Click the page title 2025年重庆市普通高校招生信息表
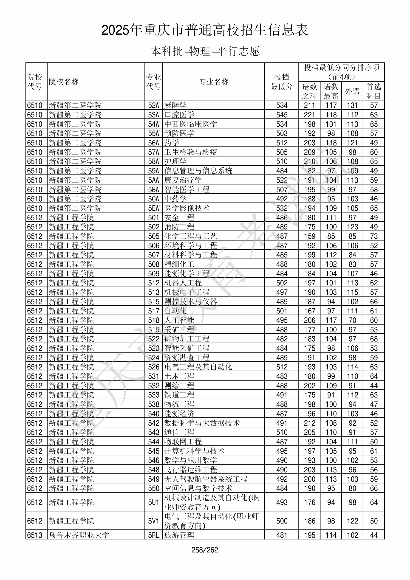205,30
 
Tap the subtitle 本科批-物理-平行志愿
205,51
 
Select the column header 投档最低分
282,82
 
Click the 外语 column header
352,91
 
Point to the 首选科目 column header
374,91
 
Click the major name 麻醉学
175,105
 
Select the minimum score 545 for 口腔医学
282,115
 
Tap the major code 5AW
154,180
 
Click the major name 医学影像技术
187,208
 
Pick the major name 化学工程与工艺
191,236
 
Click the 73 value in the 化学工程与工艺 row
374,236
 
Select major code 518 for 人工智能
154,320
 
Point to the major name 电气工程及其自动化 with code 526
198,367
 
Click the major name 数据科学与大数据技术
202,423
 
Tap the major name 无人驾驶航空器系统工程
206,479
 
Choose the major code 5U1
154,502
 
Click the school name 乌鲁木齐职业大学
79,535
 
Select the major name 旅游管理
179,535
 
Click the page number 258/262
205,550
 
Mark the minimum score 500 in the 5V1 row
282,521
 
